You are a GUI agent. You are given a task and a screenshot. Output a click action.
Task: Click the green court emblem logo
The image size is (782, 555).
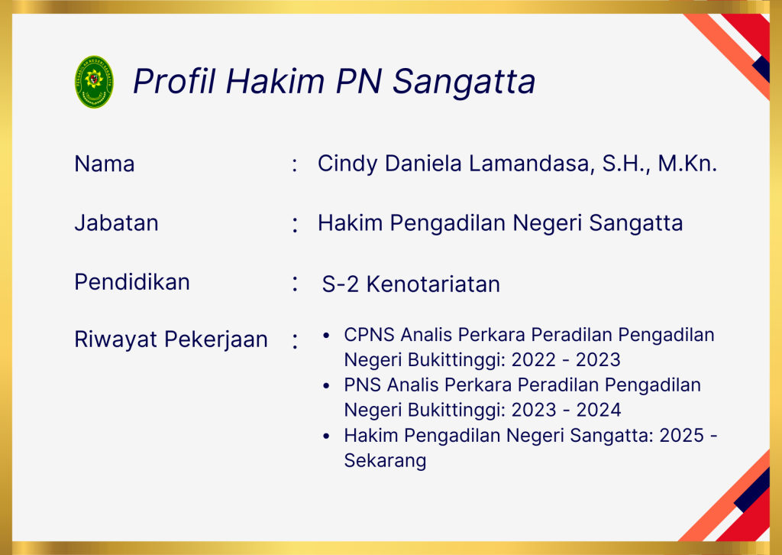click(94, 82)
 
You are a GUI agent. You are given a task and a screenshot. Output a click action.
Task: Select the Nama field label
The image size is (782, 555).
click(104, 164)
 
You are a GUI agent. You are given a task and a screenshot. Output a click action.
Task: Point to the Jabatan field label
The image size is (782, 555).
click(116, 222)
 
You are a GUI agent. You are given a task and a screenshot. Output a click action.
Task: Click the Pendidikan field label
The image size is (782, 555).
click(132, 282)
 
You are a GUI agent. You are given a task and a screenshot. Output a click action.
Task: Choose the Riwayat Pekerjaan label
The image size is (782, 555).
click(171, 340)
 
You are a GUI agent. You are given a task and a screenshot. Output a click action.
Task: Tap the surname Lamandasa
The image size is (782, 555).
click(532, 164)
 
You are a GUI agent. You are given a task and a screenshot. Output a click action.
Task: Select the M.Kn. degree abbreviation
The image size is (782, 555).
click(687, 164)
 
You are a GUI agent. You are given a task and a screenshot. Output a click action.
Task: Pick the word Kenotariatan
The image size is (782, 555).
click(433, 284)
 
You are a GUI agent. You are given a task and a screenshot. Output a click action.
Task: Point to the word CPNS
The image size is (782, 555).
click(369, 335)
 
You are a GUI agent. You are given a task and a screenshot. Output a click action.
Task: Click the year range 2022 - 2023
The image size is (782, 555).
click(566, 360)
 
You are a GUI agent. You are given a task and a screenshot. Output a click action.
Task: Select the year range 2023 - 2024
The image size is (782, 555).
click(566, 411)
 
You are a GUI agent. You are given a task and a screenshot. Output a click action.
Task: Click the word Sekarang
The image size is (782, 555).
click(385, 461)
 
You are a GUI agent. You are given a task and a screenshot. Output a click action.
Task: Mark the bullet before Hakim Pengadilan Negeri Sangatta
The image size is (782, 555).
click(326, 437)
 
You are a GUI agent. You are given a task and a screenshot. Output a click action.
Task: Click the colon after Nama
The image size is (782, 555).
click(295, 164)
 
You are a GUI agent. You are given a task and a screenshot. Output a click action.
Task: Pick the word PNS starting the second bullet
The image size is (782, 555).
click(362, 385)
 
